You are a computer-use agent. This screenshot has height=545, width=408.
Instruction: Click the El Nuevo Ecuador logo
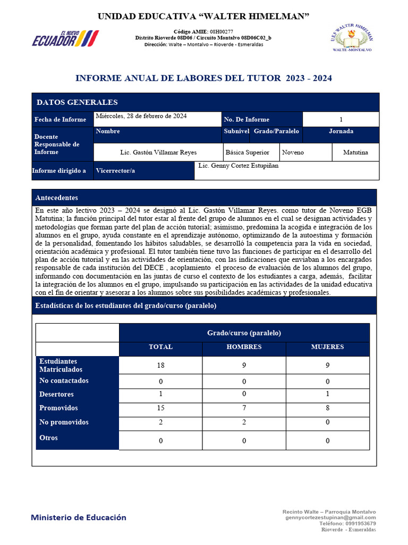click(65, 38)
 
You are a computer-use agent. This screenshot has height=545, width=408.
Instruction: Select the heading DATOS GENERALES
click(77, 103)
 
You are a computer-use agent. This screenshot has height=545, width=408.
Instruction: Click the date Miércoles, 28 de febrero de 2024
click(141, 116)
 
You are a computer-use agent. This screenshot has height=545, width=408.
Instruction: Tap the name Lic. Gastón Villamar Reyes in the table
click(158, 153)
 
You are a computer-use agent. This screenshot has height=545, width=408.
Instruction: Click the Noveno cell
click(293, 153)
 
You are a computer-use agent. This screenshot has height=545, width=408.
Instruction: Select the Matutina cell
click(355, 153)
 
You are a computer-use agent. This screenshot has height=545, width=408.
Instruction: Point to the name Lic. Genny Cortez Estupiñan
click(238, 166)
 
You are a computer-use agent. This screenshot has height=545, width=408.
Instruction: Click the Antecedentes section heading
click(56, 198)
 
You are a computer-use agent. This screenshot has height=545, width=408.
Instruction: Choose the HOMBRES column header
click(244, 347)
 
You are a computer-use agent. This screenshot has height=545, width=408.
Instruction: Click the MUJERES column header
click(327, 347)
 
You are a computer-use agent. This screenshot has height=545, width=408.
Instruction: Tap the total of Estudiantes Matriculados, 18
click(160, 366)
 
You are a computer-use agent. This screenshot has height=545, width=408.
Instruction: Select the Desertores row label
click(56, 395)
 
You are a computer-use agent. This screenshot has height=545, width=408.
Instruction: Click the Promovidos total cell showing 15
click(160, 409)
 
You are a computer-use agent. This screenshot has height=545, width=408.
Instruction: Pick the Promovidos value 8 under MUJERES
click(327, 409)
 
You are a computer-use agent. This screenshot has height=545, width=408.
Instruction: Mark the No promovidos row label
click(64, 423)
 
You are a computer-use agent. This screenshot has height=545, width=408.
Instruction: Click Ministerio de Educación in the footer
click(79, 517)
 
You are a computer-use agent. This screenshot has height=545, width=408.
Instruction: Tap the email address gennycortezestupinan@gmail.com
click(330, 518)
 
